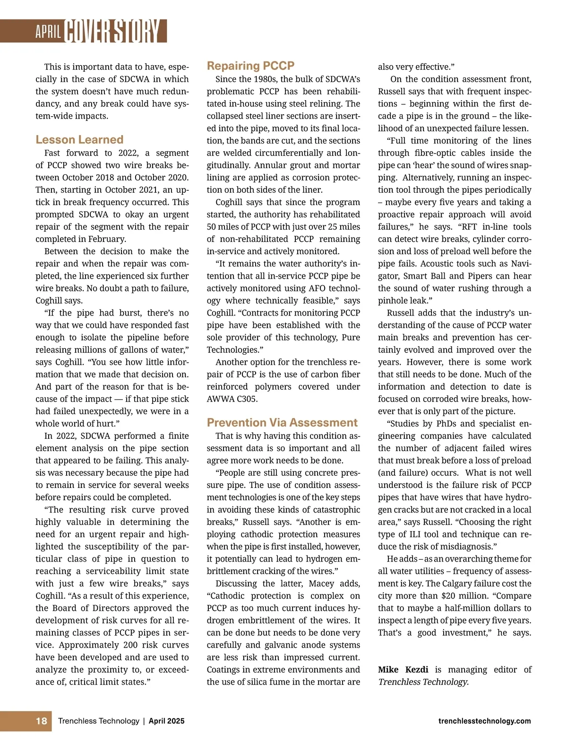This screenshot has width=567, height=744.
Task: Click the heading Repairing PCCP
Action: coord(250,66)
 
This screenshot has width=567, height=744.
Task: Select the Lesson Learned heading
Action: coord(79,139)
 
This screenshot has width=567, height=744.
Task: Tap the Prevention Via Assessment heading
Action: coord(282,422)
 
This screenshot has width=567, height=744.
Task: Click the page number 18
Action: coord(42,721)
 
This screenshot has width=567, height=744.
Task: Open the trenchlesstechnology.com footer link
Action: coord(484,721)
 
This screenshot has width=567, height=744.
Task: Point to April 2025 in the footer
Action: coord(166,721)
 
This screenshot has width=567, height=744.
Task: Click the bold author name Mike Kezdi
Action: coord(403,669)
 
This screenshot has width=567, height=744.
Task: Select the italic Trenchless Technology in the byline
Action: coord(423,682)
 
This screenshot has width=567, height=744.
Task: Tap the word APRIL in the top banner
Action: coord(48,32)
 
